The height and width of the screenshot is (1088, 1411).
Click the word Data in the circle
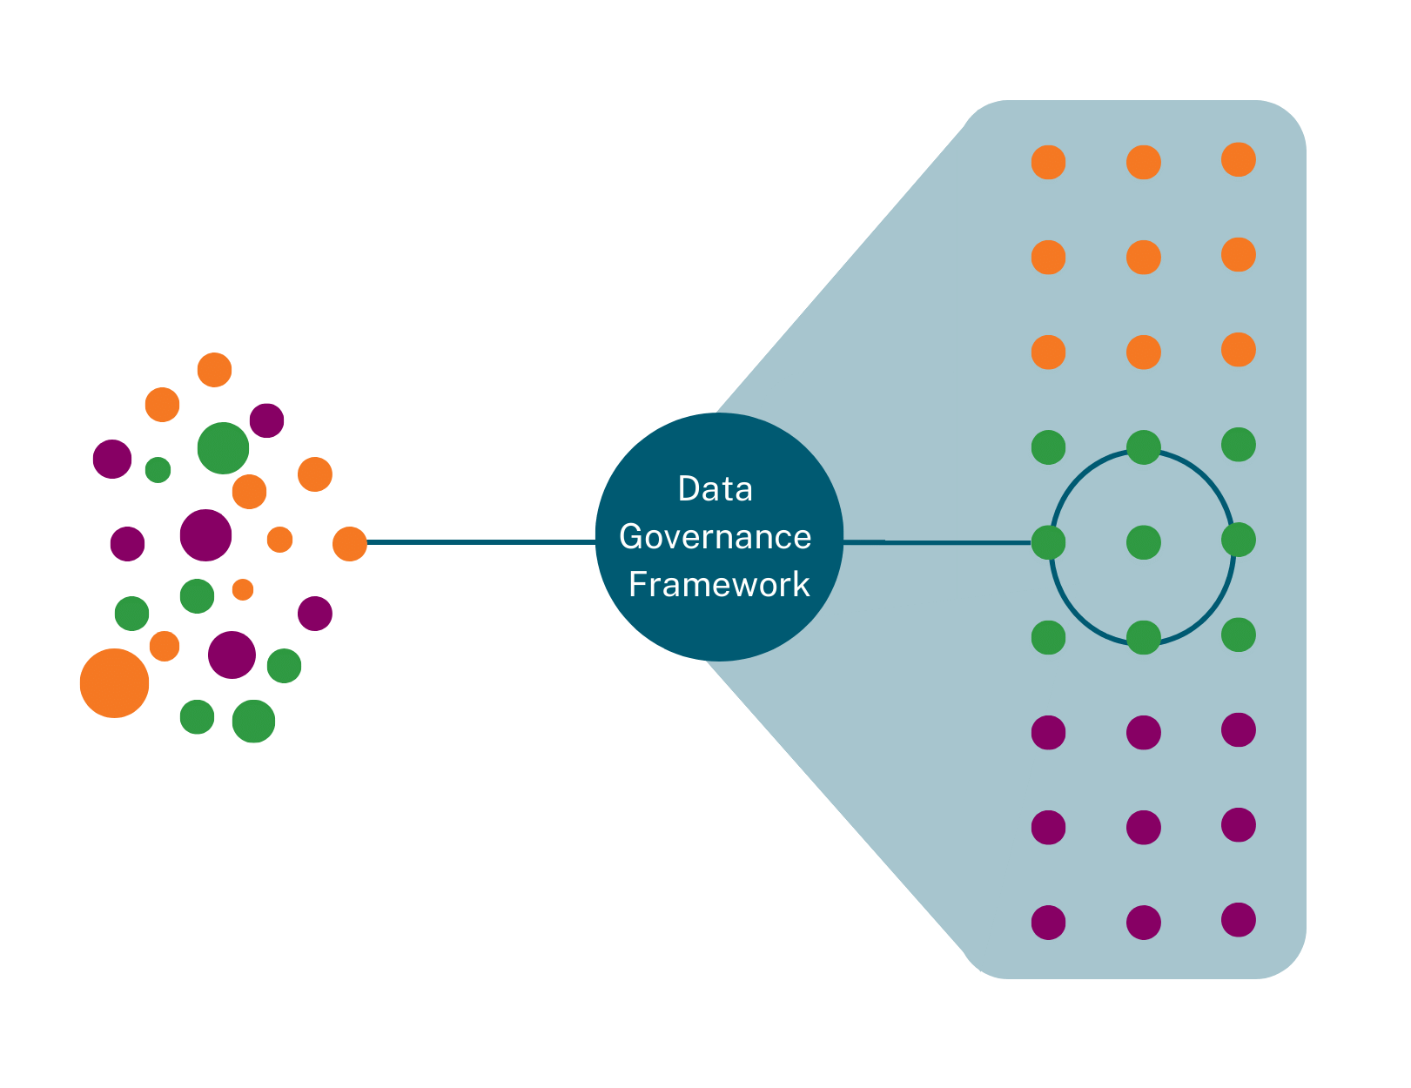pyautogui.click(x=715, y=489)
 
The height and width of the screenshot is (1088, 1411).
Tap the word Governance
pyautogui.click(x=715, y=537)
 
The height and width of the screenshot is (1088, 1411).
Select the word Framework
pyautogui.click(x=719, y=585)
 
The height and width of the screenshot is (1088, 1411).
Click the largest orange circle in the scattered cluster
pyautogui.click(x=114, y=683)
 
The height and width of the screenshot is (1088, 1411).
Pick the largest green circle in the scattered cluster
pyautogui.click(x=223, y=448)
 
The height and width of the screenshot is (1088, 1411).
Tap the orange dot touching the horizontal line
pyautogui.click(x=350, y=544)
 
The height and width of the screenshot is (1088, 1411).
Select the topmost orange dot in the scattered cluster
pyautogui.click(x=214, y=370)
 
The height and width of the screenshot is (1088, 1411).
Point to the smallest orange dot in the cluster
pyautogui.click(x=243, y=589)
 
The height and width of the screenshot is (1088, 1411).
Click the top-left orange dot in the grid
pyautogui.click(x=1048, y=163)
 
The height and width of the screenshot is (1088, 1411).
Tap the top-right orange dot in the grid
pyautogui.click(x=1238, y=160)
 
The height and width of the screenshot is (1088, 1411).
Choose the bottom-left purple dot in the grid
pyautogui.click(x=1048, y=923)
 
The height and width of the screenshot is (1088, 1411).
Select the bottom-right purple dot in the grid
pyautogui.click(x=1238, y=920)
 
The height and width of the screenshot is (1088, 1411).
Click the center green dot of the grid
pyautogui.click(x=1143, y=543)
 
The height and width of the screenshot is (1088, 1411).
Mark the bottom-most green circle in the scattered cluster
pyautogui.click(x=253, y=722)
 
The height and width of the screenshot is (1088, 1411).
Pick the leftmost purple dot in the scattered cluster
pyautogui.click(x=112, y=459)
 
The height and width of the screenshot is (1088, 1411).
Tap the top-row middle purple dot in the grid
pyautogui.click(x=1143, y=733)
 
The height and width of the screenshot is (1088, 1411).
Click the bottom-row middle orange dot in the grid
pyautogui.click(x=1143, y=353)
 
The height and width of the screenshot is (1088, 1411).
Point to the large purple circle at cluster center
pyautogui.click(x=205, y=535)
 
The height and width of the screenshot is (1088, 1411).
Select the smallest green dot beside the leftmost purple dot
pyautogui.click(x=158, y=470)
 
